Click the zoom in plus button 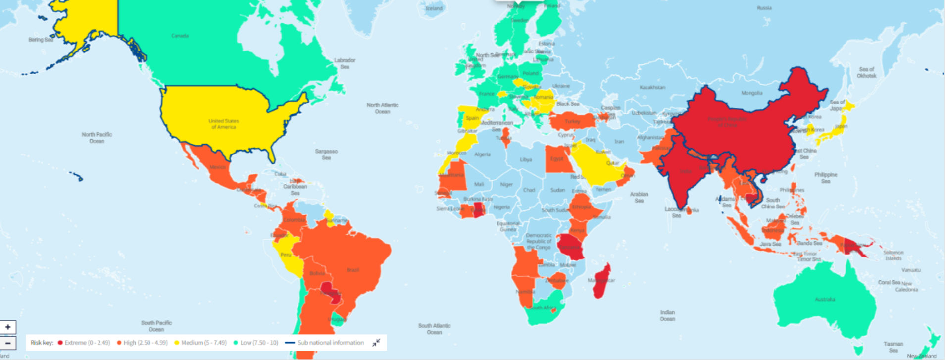pyautogui.click(x=8, y=327)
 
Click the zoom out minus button pyautogui.click(x=8, y=343)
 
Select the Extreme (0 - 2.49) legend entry pyautogui.click(x=84, y=343)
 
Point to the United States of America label pyautogui.click(x=224, y=124)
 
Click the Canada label pyautogui.click(x=180, y=36)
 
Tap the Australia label pyautogui.click(x=825, y=299)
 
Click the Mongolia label pyautogui.click(x=751, y=93)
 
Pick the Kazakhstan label pyautogui.click(x=652, y=87)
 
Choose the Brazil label pyautogui.click(x=353, y=270)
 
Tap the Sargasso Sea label pyautogui.click(x=326, y=154)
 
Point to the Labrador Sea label pyautogui.click(x=345, y=63)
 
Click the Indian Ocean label pyautogui.click(x=667, y=315)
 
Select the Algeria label pyautogui.click(x=482, y=154)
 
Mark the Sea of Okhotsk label pyautogui.click(x=867, y=72)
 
